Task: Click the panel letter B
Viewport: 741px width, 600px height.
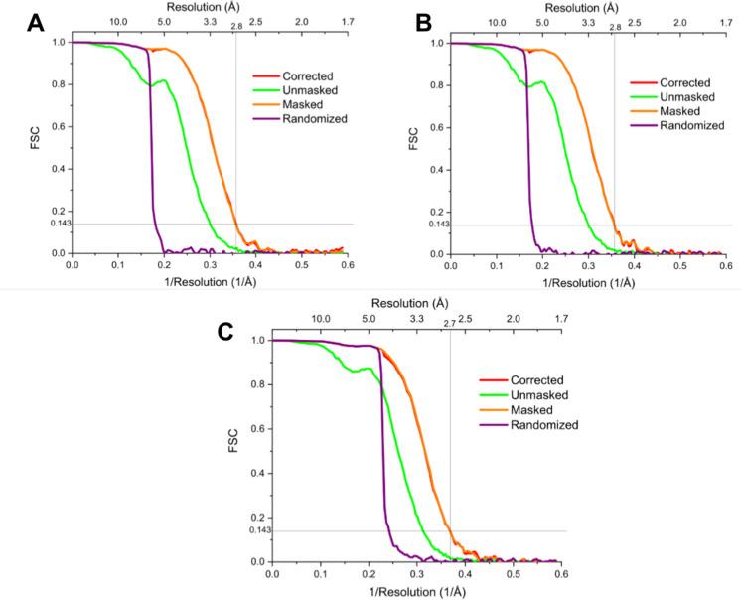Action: click(393, 22)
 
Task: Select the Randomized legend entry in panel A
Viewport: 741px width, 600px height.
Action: click(312, 118)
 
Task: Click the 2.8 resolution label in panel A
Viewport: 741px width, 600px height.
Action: click(235, 27)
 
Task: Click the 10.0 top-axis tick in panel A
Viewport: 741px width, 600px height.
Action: click(117, 20)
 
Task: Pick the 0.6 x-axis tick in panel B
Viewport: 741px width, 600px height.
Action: click(724, 267)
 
